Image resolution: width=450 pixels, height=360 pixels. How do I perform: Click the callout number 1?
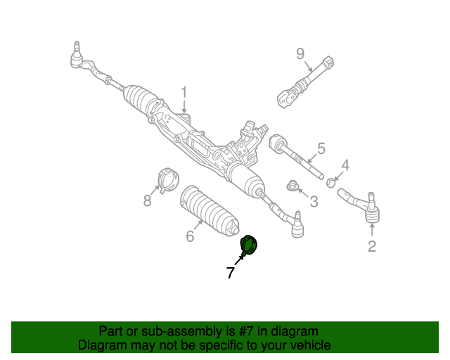coord(184,92)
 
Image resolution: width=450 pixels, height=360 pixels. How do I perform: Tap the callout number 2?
coord(372,246)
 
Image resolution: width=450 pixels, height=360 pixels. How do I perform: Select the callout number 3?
coord(314,202)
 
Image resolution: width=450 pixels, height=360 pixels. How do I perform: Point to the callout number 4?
coord(345,166)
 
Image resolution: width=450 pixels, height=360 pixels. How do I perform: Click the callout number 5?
coord(321,148)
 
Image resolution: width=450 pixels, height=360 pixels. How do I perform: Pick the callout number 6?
coord(190,236)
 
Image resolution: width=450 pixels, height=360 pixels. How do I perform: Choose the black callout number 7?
coord(230,273)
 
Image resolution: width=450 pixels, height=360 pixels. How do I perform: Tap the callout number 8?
coord(147,201)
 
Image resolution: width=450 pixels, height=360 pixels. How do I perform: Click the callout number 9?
coord(300,53)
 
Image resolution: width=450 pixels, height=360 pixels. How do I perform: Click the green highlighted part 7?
coord(249,245)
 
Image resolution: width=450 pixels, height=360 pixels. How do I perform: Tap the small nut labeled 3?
coord(292,186)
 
